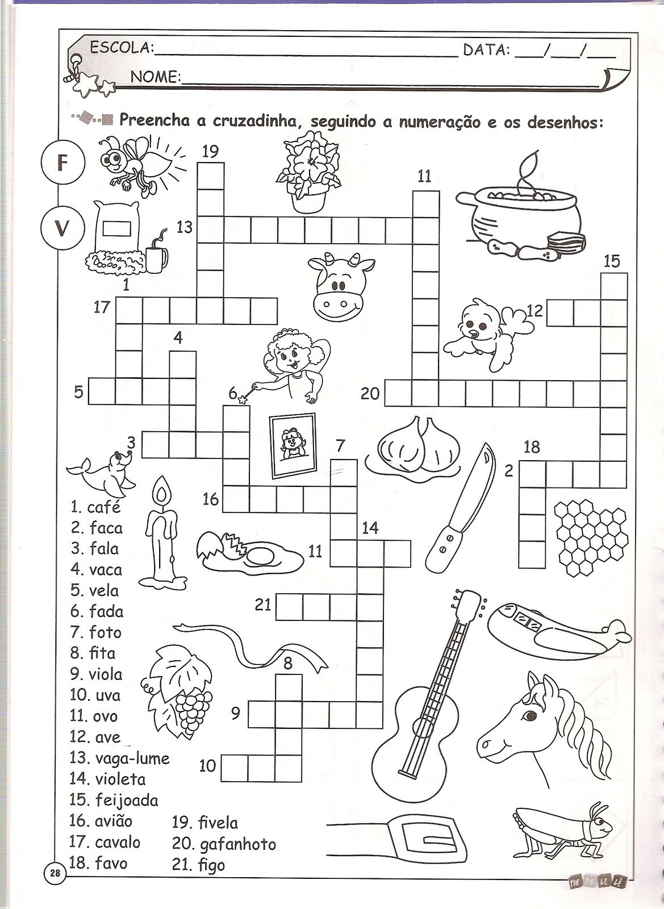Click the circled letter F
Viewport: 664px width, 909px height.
[x=63, y=162]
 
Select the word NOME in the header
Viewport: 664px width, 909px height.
[x=156, y=76]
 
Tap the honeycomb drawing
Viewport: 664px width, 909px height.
[x=591, y=537]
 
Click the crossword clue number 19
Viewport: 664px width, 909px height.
[x=211, y=151]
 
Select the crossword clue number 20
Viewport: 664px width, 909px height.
[x=370, y=393]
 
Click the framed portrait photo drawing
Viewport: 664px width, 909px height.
[x=293, y=445]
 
